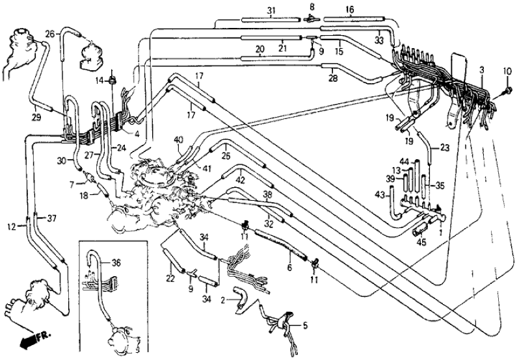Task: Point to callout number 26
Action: (49, 34)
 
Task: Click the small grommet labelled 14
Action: (112, 81)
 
